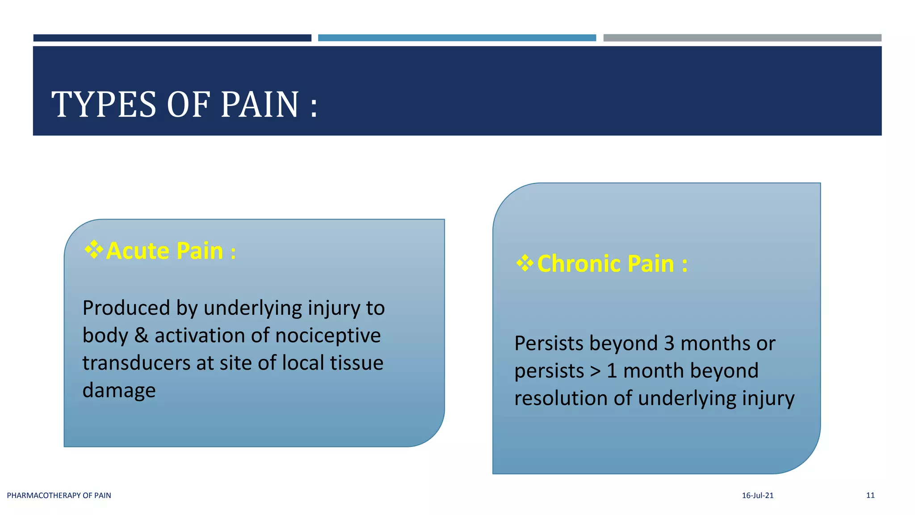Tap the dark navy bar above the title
172,38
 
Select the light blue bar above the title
457,38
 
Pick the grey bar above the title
742,38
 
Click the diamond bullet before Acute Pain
94,249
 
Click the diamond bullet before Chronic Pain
525,263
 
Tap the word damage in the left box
119,391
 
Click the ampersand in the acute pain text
141,336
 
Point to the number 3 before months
669,344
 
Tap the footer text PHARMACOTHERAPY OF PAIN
59,495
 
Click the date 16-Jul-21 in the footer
757,495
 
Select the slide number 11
870,495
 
